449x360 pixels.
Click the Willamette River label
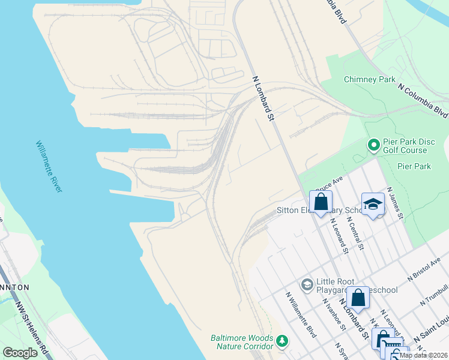click(x=49, y=167)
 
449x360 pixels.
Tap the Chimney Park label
click(x=369, y=79)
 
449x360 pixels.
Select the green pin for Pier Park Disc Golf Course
click(x=373, y=145)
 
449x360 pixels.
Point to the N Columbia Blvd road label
click(x=423, y=99)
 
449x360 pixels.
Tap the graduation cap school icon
click(x=373, y=204)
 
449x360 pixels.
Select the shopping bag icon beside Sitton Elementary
click(x=321, y=202)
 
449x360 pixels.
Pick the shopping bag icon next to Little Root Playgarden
click(x=358, y=298)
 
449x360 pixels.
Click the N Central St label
click(x=357, y=235)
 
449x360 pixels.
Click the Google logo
click(x=20, y=353)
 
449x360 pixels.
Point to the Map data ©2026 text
click(x=423, y=355)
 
